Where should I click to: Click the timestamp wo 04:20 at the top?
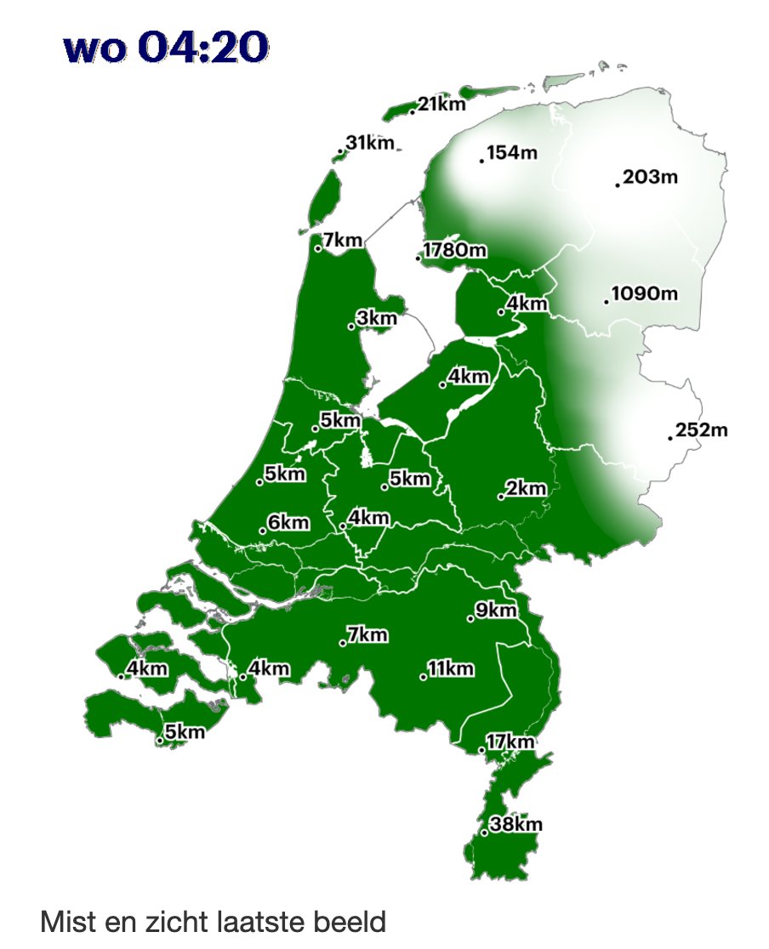pos(166,48)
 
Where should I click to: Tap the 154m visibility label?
pos(513,153)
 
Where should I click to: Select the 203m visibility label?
pos(650,177)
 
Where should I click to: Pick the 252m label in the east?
pos(702,430)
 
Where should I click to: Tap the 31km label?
pos(370,143)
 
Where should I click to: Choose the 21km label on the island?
pos(441,105)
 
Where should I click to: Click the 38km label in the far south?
pos(516,824)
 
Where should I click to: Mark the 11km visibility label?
pos(450,668)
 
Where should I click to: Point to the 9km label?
pos(496,611)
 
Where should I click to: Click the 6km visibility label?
pos(288,522)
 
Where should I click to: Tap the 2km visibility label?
pos(526,488)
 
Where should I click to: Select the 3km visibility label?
pos(377,318)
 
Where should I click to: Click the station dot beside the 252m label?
pos(670,438)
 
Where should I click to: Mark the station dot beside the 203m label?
pos(618,185)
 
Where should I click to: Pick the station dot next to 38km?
pos(484,833)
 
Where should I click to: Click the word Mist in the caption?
pos(66,922)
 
